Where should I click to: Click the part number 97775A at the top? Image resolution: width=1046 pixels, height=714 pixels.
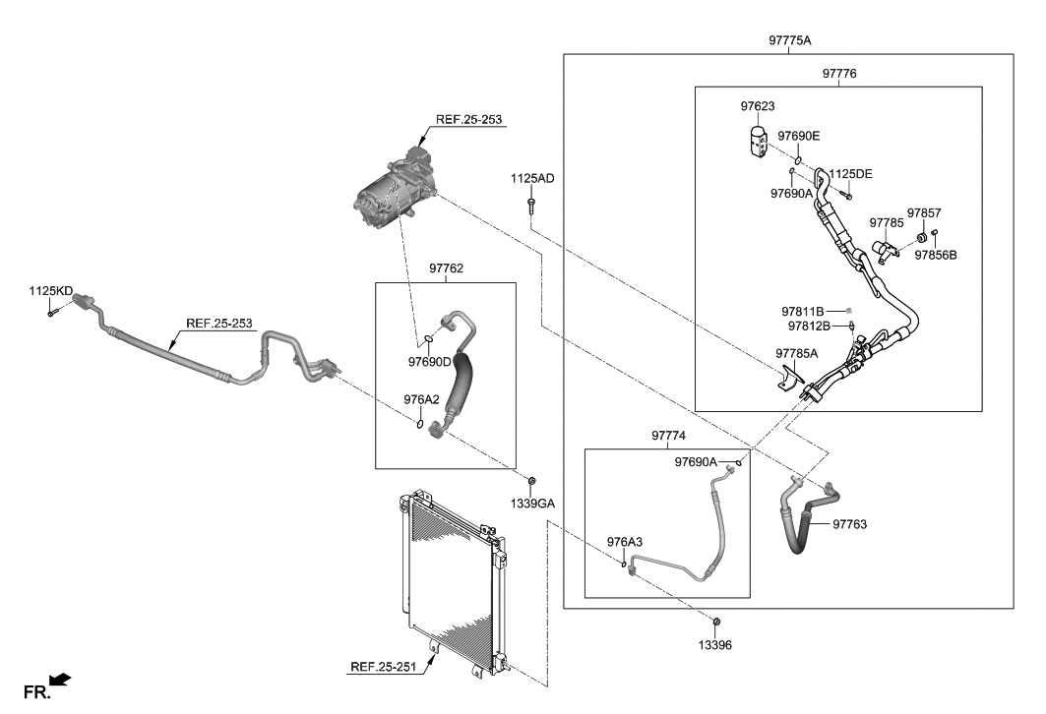pos(796,40)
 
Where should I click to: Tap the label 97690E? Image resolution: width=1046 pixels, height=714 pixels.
pos(798,136)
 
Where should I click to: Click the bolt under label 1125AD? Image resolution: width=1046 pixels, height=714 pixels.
pos(531,206)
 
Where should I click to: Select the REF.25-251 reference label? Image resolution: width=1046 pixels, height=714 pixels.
pos(385,667)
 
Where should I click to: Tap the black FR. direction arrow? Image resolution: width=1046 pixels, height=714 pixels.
pos(60,679)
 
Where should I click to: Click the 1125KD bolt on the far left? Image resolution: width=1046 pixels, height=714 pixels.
pos(50,313)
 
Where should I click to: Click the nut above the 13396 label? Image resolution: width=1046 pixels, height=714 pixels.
pos(716,622)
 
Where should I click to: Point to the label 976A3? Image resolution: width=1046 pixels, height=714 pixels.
pos(624,542)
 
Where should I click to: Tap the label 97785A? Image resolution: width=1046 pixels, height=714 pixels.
pos(797,352)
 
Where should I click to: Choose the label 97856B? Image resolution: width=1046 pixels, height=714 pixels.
pos(935,255)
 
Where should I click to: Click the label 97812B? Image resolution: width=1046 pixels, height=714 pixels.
pos(809,326)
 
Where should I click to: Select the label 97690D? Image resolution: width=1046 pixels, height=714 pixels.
pos(429,361)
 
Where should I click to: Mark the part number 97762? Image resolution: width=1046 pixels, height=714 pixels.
pos(446,268)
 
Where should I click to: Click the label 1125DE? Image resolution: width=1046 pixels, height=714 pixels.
pos(849,173)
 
